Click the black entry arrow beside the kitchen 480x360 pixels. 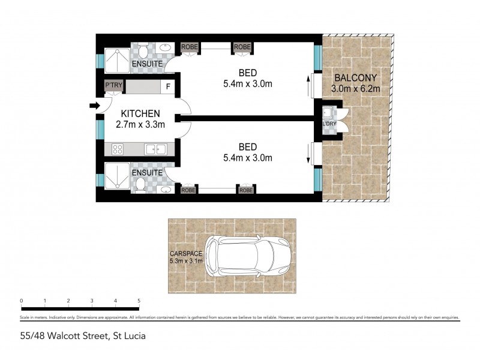tap(94, 106)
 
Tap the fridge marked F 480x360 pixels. tap(168, 86)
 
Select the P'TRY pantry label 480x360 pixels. tap(113, 86)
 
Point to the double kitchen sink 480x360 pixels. tap(155, 149)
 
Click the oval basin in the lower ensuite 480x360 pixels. tap(165, 190)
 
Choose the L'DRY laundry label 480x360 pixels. tap(329, 124)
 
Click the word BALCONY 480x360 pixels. tap(356, 78)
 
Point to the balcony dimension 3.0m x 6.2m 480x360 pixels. tap(356, 89)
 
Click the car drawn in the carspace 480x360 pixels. tap(248, 255)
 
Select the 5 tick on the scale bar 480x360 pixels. tap(139, 301)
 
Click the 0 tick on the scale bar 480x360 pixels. tap(21, 301)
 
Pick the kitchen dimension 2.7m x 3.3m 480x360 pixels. tap(140, 124)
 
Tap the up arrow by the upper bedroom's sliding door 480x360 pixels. tap(310, 86)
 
